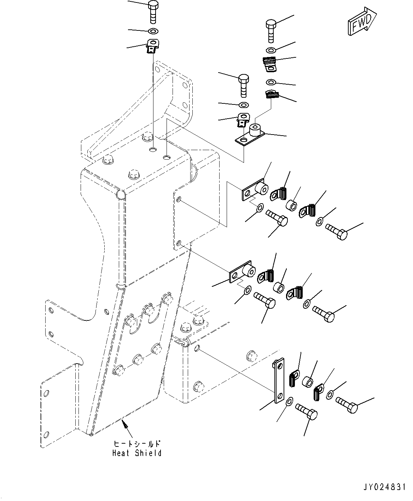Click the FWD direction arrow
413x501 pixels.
coord(362,22)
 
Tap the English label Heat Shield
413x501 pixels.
coord(137,453)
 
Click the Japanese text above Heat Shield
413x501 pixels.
coord(137,444)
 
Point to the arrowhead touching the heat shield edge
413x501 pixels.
coord(123,421)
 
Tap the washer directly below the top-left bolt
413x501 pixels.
coord(153,31)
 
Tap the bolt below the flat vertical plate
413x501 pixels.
coord(306,412)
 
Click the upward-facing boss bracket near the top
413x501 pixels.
coord(251,134)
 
